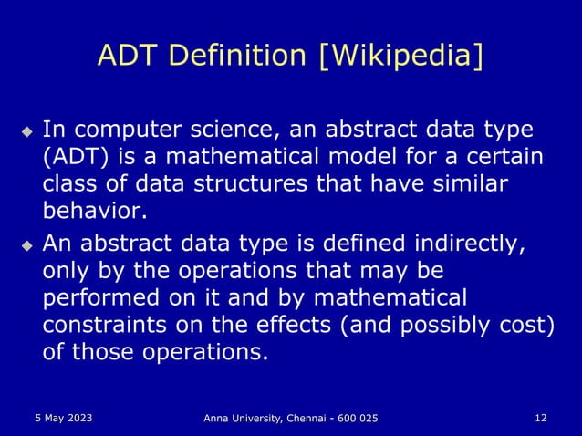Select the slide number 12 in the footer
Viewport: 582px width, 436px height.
click(x=541, y=418)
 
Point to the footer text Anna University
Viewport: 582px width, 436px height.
click(x=247, y=418)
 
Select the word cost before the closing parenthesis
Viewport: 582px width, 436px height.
click(x=524, y=325)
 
